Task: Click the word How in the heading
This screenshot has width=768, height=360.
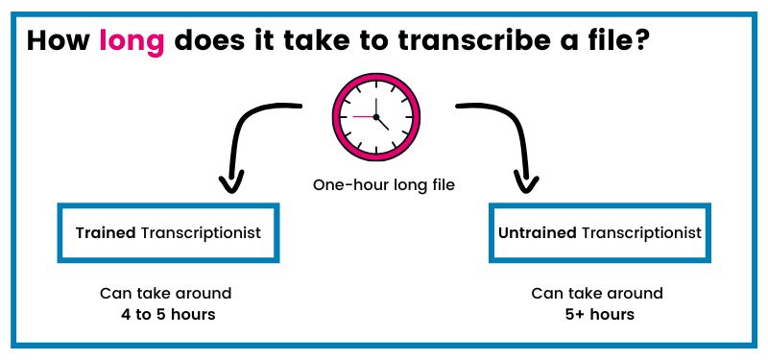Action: coord(60,42)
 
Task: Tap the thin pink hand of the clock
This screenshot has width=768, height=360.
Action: coord(362,116)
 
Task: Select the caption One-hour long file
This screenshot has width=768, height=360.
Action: coord(383,184)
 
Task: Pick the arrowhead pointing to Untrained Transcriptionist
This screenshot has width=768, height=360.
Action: coord(524,181)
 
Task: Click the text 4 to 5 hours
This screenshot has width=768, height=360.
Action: coord(166,314)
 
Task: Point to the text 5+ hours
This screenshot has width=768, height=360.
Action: coord(599,314)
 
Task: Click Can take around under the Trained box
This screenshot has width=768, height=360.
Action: coord(166,293)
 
